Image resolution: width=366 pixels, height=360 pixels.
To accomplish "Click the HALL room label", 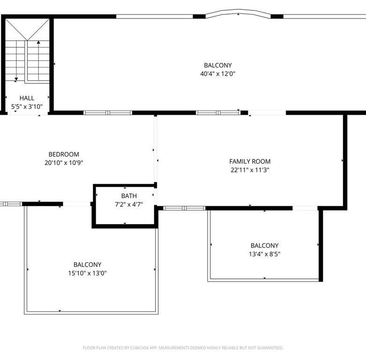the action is click(27, 98).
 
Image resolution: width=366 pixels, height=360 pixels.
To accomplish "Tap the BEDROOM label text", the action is click(64, 154).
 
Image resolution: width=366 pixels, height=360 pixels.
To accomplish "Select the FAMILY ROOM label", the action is click(250, 161).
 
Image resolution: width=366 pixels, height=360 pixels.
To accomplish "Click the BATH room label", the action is click(129, 196).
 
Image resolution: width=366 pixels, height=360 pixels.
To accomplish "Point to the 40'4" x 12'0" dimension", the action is click(218, 74).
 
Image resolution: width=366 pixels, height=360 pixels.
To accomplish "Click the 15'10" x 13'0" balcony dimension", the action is click(87, 273).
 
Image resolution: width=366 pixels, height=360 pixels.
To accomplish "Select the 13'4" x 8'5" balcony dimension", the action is click(265, 254).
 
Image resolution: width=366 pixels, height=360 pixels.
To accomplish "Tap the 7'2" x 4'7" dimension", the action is click(129, 204).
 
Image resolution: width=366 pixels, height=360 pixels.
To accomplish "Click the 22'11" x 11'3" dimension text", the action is click(250, 170).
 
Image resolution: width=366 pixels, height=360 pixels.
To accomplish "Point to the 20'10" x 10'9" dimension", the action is click(64, 163).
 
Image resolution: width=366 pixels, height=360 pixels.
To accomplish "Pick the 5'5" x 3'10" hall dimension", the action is click(27, 107).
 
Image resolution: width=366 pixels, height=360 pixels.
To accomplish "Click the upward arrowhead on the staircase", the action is click(38, 42).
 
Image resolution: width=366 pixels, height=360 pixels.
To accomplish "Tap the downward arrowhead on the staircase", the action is click(16, 79).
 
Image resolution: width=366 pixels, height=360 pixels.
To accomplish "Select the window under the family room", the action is click(184, 208).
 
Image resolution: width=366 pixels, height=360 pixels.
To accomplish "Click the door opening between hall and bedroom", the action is click(28, 113).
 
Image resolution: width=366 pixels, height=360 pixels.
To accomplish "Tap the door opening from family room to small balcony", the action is click(305, 208).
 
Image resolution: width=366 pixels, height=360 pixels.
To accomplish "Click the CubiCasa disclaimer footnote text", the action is click(183, 348).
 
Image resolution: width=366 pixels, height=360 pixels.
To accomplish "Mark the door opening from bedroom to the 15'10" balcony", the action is click(76, 204).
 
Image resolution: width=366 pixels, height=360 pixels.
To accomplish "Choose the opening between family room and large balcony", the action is click(267, 113).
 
